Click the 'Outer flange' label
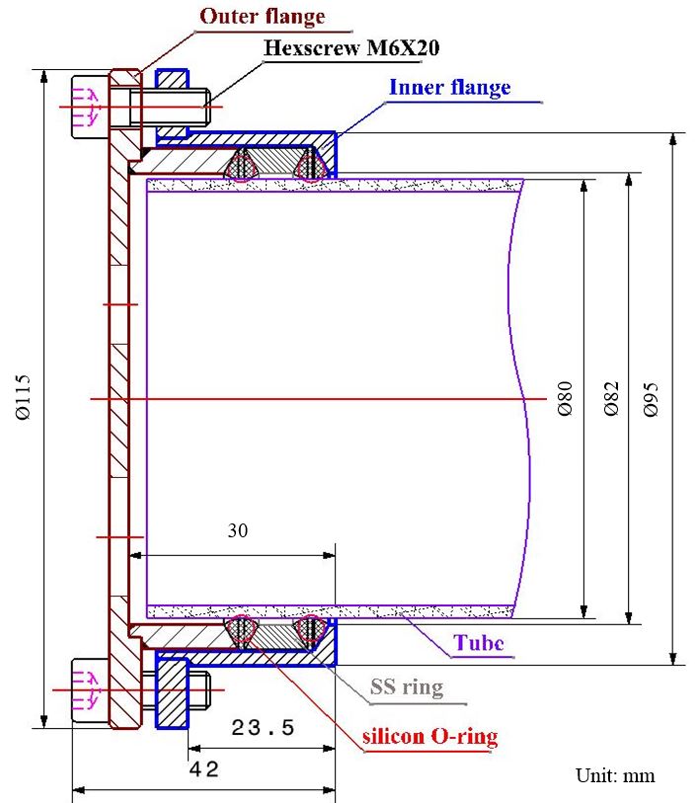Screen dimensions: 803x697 point(262,16)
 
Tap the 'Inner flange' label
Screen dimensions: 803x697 point(449,87)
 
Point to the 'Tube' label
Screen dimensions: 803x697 point(479,644)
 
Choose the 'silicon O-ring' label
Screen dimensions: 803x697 point(429,736)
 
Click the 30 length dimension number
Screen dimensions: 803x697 point(238,530)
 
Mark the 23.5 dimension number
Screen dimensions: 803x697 point(263,729)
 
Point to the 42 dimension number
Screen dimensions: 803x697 point(204,769)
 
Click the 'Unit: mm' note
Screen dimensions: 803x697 point(615,775)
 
